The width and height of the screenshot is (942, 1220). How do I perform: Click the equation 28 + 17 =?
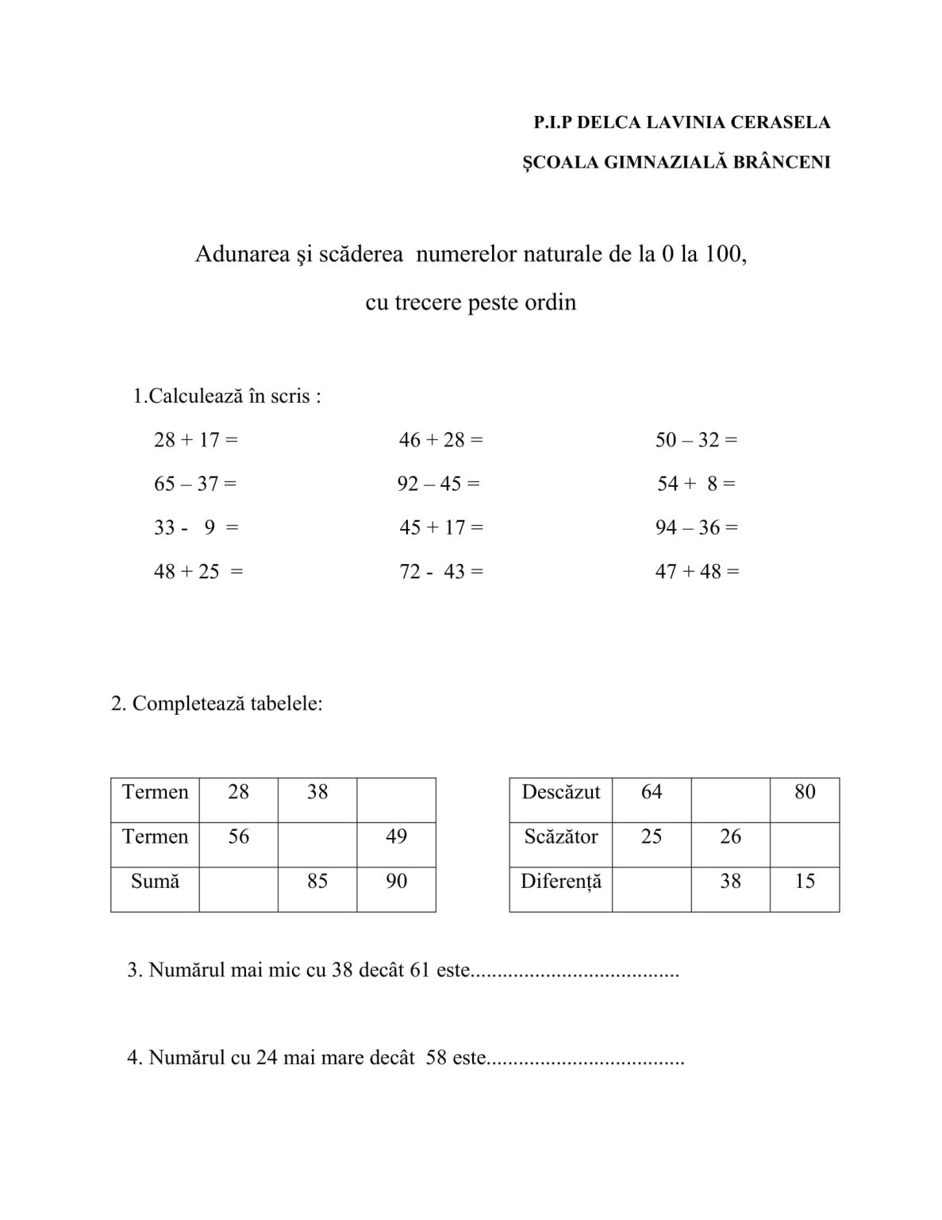[196, 439]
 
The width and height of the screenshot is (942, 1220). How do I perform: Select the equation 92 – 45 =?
[438, 484]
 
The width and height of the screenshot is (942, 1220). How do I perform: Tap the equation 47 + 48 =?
[697, 571]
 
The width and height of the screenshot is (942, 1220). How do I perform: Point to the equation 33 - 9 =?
[196, 527]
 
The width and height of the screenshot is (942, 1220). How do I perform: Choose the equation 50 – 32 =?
[696, 439]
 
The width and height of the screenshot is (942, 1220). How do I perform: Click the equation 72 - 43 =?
[441, 571]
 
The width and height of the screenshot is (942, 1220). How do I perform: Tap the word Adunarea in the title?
[236, 254]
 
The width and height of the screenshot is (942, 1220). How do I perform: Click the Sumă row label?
[155, 881]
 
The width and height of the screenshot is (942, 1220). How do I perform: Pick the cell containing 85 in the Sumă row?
[317, 881]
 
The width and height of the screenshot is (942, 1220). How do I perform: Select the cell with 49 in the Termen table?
[396, 836]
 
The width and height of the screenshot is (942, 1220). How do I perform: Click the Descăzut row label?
[561, 792]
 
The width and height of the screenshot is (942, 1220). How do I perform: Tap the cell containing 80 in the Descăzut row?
[805, 792]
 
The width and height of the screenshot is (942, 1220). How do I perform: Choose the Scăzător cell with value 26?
[730, 836]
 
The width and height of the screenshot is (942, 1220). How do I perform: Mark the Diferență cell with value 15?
[805, 881]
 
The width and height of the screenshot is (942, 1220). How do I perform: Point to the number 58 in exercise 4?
[436, 1058]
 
